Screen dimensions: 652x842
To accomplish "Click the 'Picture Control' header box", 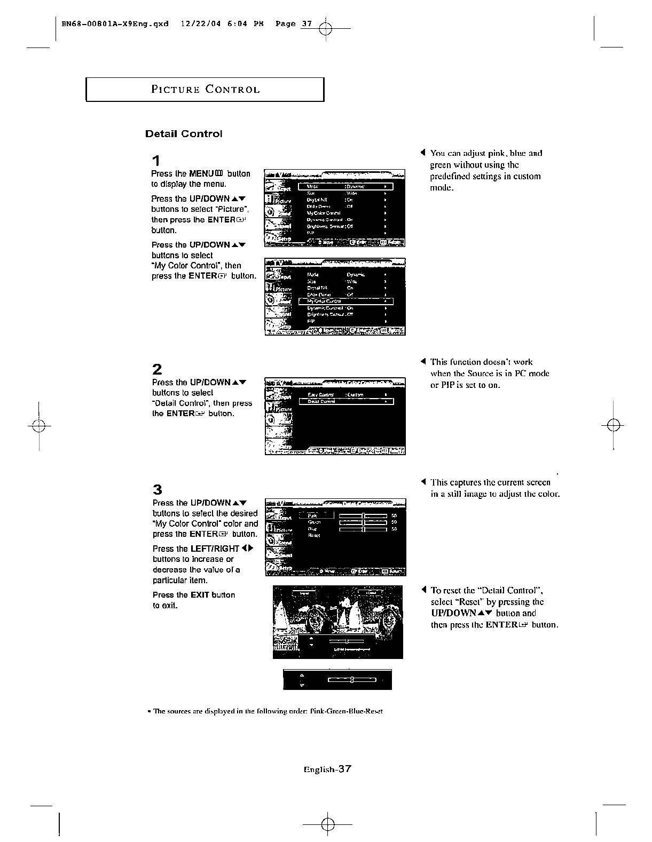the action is [x=205, y=90].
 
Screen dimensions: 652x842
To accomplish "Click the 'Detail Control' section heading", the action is [x=184, y=134].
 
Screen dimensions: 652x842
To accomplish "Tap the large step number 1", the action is [x=155, y=161].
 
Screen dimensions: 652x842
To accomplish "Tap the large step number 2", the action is [x=157, y=369].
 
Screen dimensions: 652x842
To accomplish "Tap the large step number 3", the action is [x=157, y=490].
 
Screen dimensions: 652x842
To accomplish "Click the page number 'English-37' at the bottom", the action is [x=327, y=769].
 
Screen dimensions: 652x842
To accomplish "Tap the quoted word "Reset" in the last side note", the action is [x=474, y=602].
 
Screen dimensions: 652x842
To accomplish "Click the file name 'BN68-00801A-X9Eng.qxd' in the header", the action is [x=115, y=24].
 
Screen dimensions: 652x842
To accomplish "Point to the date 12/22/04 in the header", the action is [x=197, y=24].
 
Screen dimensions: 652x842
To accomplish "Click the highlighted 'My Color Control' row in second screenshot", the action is [x=345, y=301].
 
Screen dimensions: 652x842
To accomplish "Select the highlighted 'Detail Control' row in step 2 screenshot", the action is [x=345, y=402].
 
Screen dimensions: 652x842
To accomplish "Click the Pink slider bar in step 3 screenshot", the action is [x=363, y=515].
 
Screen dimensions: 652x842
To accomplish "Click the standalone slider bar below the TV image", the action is [x=352, y=680].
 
